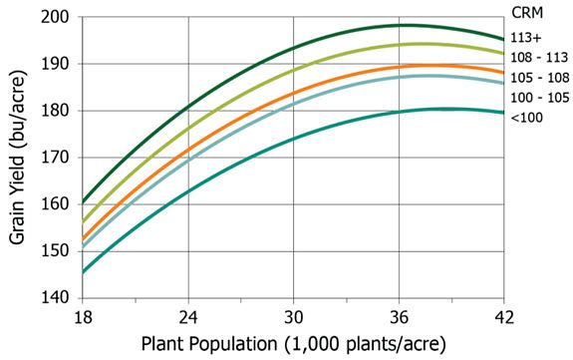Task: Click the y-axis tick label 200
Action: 55,18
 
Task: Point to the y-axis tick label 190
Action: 55,64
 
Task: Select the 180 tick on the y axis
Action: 55,111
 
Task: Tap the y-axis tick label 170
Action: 55,158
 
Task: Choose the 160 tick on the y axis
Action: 55,204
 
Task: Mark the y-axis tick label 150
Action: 55,251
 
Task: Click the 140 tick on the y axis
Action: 55,298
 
